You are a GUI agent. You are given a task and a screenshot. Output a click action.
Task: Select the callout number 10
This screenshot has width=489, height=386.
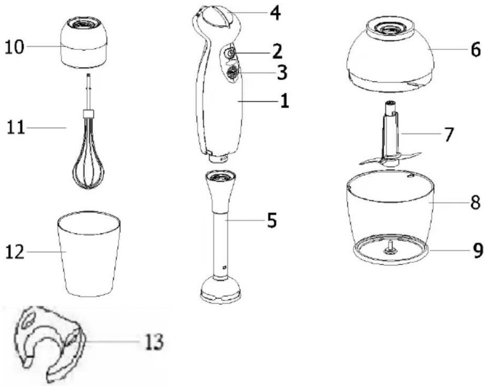[14, 47]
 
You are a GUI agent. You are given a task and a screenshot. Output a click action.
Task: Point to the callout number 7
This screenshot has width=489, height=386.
[447, 134]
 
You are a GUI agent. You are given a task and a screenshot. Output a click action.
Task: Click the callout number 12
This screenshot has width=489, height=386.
[15, 252]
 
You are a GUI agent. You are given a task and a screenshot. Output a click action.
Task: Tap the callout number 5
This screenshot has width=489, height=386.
[272, 220]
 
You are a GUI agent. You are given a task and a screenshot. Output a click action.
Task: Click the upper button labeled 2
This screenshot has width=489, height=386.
[229, 54]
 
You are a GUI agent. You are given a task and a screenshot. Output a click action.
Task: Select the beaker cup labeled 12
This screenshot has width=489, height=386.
[89, 254]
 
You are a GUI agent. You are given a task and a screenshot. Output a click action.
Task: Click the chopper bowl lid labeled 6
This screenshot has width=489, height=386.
[390, 54]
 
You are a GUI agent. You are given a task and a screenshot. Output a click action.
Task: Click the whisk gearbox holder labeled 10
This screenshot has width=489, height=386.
[84, 42]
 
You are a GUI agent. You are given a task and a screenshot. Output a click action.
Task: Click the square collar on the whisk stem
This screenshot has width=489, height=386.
[88, 113]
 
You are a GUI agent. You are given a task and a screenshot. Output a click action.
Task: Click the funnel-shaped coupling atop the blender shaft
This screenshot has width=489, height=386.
[220, 191]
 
